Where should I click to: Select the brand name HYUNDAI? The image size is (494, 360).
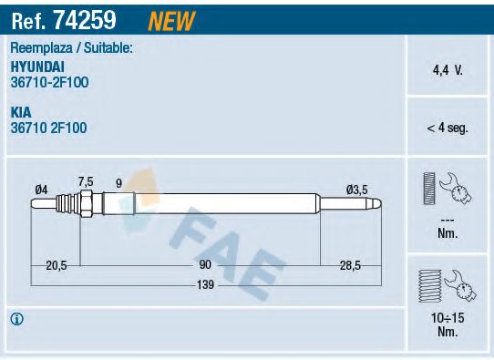point(37,67)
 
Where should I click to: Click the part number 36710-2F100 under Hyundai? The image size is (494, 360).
point(49,82)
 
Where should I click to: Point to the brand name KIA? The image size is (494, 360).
point(21,113)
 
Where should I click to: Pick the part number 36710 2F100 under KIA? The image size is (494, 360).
point(49,129)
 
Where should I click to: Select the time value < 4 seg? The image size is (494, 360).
point(447,129)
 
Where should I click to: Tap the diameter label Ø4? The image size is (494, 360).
point(41,190)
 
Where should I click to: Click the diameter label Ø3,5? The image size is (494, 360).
point(355,190)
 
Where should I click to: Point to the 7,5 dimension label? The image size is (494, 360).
point(86,180)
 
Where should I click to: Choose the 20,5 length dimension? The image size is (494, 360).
point(57,264)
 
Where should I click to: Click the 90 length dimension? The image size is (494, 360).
point(205,264)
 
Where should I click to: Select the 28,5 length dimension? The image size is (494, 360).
point(350,264)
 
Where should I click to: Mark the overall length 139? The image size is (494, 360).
point(205,285)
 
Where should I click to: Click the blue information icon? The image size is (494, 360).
point(16,319)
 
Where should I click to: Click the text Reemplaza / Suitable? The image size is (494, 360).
point(71,47)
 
